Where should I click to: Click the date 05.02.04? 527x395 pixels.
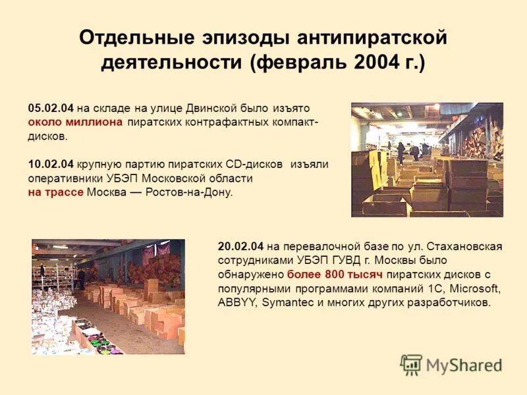[51, 108]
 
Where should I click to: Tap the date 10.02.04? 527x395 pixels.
[51, 164]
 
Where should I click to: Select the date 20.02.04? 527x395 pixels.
[240, 246]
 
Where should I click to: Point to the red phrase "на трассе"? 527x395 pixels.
[55, 193]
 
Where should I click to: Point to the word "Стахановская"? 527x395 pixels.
[465, 246]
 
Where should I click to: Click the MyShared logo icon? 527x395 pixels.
[411, 364]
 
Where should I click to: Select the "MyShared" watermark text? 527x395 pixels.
[464, 365]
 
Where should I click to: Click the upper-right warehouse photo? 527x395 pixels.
[427, 159]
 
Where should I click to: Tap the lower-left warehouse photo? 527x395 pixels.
[108, 297]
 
